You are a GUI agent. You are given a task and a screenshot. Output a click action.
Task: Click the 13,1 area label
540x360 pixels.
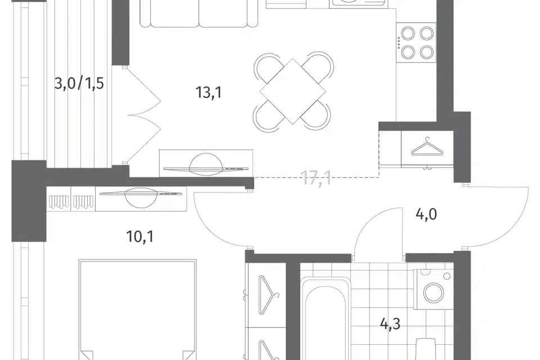tap(209, 92)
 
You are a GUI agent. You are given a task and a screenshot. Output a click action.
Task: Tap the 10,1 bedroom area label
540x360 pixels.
tap(140, 237)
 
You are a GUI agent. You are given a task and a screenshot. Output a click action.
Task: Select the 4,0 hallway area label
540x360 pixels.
tap(426, 215)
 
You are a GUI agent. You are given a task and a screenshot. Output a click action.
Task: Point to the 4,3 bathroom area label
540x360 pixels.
tap(390, 324)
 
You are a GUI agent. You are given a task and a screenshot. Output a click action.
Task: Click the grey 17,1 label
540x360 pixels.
tap(317, 178)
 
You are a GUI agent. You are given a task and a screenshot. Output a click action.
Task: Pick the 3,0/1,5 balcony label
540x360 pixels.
tap(79, 83)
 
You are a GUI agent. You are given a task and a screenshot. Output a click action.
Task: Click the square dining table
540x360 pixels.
tap(292, 91)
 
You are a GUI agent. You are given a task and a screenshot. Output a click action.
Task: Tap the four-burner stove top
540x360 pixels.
tap(416, 43)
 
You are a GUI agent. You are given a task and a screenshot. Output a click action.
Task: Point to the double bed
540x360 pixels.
tap(137, 310)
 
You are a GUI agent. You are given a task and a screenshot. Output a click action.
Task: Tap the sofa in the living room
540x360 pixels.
tap(199, 13)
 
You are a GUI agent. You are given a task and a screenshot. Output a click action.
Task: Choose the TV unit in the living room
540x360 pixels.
tap(206, 164)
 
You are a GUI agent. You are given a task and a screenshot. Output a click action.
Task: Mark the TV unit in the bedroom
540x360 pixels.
tap(141, 199)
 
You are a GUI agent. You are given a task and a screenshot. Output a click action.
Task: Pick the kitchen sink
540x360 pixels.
tap(357, 3)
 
